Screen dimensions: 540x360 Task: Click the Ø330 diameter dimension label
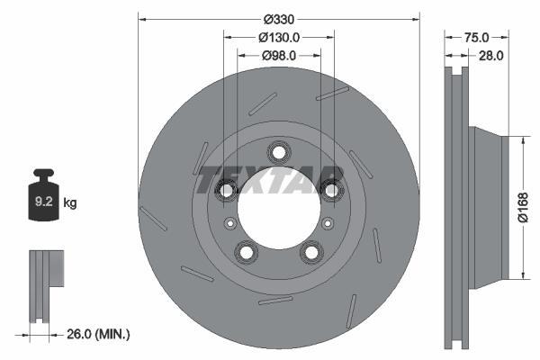click(279, 19)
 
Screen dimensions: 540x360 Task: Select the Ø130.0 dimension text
click(279, 37)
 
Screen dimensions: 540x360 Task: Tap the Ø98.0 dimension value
click(279, 55)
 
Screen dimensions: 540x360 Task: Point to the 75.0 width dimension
click(476, 37)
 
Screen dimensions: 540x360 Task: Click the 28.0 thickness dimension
click(491, 55)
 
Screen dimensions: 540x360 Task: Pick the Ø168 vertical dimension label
click(523, 207)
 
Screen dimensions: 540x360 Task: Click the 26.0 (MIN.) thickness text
click(98, 334)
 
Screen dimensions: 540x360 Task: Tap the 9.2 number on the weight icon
click(44, 202)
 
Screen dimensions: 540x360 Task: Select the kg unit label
click(70, 202)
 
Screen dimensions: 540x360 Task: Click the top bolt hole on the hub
click(279, 152)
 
